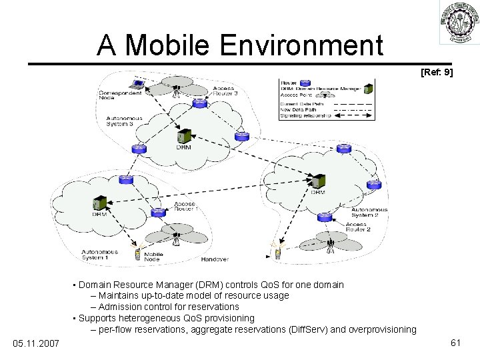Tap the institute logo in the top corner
coord(459,23)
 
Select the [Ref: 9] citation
coord(437,71)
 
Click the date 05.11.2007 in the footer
coord(36,343)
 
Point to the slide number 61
coord(456,342)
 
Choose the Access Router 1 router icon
coord(159,213)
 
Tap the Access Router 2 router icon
coord(325,217)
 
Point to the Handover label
coord(215,259)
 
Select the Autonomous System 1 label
coord(100,255)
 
